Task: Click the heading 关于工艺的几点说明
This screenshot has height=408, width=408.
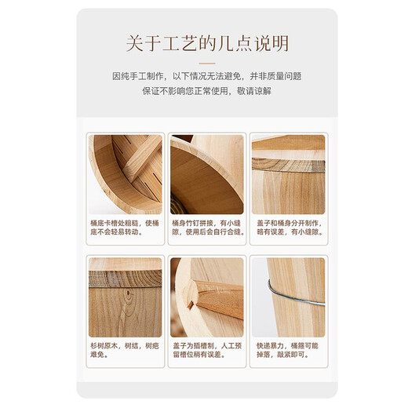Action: (x=206, y=42)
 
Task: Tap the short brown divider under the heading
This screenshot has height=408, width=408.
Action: (x=206, y=61)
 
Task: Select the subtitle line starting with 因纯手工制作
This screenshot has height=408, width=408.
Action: (x=206, y=76)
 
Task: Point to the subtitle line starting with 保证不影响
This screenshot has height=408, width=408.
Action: (x=206, y=91)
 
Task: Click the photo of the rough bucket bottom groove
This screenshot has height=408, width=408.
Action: (x=125, y=173)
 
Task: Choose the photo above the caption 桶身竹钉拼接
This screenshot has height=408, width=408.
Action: (x=206, y=173)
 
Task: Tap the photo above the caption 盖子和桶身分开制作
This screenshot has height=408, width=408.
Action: (x=287, y=173)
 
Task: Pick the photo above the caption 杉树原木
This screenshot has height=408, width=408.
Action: (x=125, y=297)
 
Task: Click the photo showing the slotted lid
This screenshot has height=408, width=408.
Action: (x=206, y=297)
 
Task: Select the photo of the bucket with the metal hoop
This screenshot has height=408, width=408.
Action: (x=287, y=297)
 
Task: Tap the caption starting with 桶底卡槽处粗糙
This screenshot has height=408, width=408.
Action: (x=125, y=228)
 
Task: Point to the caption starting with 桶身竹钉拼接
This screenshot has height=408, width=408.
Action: (x=206, y=228)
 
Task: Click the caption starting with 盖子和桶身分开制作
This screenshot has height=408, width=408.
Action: (x=287, y=228)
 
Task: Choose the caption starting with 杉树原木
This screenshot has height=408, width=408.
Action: (x=125, y=350)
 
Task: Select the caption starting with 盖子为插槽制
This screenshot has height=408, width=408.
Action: (x=206, y=350)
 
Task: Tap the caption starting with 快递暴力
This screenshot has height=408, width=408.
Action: (x=287, y=350)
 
